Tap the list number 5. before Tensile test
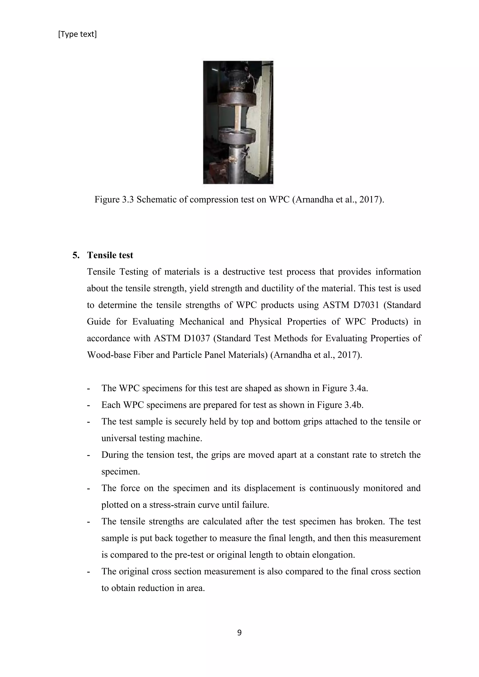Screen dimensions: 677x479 [76, 255]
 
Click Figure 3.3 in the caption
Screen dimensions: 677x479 [114, 200]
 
